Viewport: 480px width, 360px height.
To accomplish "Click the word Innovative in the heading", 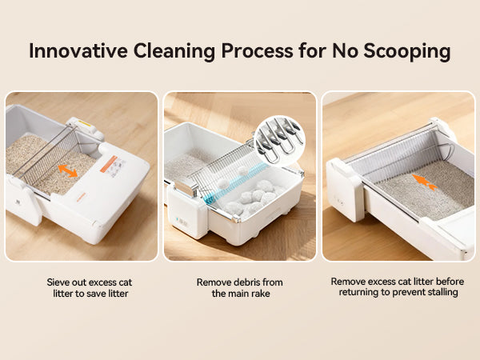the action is point(78,50).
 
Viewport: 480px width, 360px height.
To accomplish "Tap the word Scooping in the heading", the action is point(407,51).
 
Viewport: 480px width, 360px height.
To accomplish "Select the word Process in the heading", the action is point(257,50).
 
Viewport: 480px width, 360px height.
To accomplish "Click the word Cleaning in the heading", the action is point(174,51).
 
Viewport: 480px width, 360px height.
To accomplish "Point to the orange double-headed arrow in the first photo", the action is point(68,171).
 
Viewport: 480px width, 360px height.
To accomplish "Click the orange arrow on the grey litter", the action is point(425,182).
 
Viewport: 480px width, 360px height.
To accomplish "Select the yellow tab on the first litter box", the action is point(84,123).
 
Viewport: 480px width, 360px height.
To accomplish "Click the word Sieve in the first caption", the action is point(58,282).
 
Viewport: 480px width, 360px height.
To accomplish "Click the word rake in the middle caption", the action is point(261,294).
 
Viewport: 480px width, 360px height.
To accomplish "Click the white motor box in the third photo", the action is point(345,190).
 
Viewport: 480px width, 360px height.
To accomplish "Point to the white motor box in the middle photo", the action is point(187,211).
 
